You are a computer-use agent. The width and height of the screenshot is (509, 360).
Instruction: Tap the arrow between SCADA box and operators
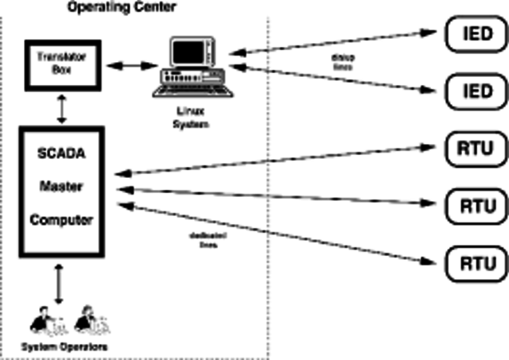click(x=60, y=285)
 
